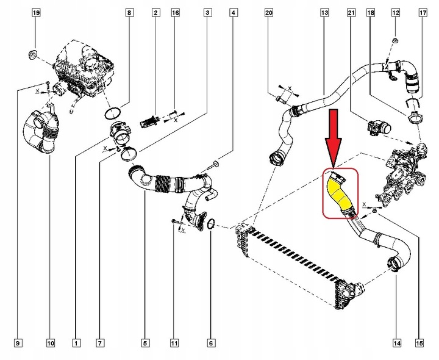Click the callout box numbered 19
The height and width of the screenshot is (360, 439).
[x=35, y=13]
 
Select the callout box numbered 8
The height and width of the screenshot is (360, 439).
[x=129, y=13]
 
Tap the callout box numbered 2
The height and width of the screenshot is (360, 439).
[x=157, y=13]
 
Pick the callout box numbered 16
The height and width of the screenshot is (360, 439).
[x=176, y=13]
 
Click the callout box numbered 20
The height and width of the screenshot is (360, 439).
[x=269, y=13]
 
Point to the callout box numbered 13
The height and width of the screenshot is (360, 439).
[x=324, y=13]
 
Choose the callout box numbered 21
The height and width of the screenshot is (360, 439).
[x=351, y=13]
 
